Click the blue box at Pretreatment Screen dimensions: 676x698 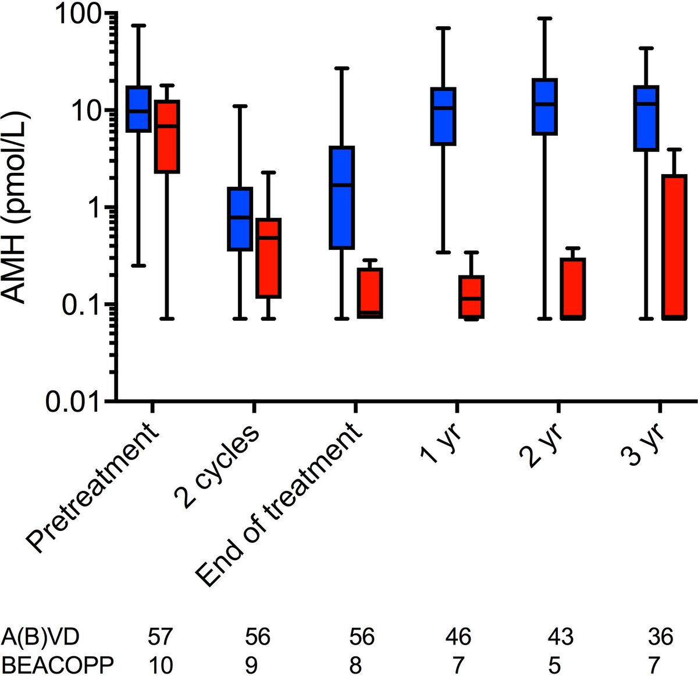[139, 109]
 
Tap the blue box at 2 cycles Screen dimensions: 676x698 [239, 219]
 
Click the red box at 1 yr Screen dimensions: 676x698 [471, 297]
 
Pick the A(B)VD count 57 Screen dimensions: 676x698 [160, 636]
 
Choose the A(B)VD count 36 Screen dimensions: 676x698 [659, 636]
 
